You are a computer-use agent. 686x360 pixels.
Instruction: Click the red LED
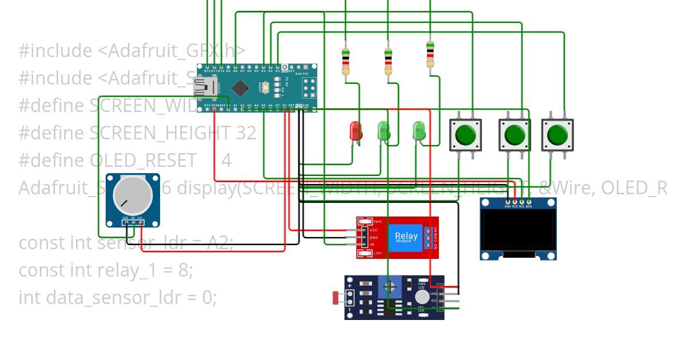pyautogui.click(x=355, y=131)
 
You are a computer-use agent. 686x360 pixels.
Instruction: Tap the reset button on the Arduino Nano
pyautogui.click(x=266, y=88)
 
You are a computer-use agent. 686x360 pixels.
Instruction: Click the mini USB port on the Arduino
pyautogui.click(x=204, y=87)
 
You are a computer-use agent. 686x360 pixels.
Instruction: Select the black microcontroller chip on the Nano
pyautogui.click(x=241, y=87)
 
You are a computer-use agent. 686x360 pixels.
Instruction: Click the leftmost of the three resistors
pyautogui.click(x=345, y=62)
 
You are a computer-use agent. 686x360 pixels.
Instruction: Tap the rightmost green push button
pyautogui.click(x=557, y=135)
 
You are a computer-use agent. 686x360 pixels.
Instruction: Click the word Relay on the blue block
pyautogui.click(x=406, y=235)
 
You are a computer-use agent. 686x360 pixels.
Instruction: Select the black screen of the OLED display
pyautogui.click(x=518, y=230)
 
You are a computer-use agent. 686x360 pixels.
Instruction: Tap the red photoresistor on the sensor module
pyautogui.click(x=336, y=297)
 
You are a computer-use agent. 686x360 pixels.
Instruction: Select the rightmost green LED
pyautogui.click(x=419, y=131)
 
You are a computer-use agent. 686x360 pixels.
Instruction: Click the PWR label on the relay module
pyautogui.click(x=377, y=221)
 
